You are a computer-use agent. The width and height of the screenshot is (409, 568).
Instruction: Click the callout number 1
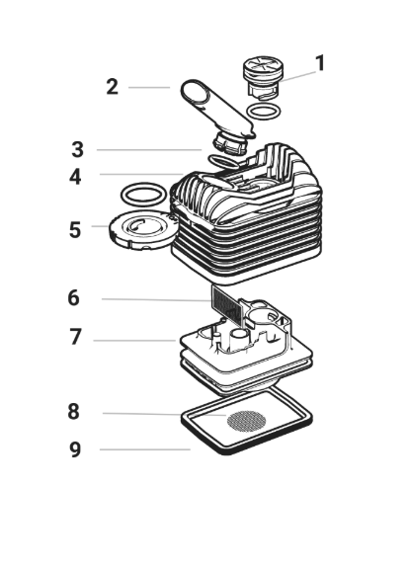pos(320,63)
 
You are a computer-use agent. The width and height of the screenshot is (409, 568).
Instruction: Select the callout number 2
pos(113,87)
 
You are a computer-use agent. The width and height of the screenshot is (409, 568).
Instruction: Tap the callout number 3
pos(77,149)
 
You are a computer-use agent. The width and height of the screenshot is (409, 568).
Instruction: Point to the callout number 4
pos(75,177)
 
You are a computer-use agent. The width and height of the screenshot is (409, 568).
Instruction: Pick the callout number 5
pos(75,229)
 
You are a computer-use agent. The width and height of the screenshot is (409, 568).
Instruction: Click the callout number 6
pos(73,297)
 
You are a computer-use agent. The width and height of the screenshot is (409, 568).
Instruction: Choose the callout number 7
pos(75,337)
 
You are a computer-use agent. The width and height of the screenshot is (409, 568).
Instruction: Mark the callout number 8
pos(73,412)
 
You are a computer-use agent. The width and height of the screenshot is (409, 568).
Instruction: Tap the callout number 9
pos(75,449)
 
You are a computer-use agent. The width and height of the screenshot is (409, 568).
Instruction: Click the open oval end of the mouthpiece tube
pos(196,91)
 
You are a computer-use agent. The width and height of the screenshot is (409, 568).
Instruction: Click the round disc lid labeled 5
pos(144,229)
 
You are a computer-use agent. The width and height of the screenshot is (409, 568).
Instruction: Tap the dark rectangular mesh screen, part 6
pos(227,305)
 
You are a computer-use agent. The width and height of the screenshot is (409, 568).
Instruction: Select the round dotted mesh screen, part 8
pos(246,421)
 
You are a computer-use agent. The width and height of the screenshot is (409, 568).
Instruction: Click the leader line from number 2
pos(149,87)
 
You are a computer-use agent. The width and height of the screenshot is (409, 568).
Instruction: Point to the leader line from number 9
pos(145,449)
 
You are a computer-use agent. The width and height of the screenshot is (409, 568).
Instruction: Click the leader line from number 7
pos(134,341)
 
